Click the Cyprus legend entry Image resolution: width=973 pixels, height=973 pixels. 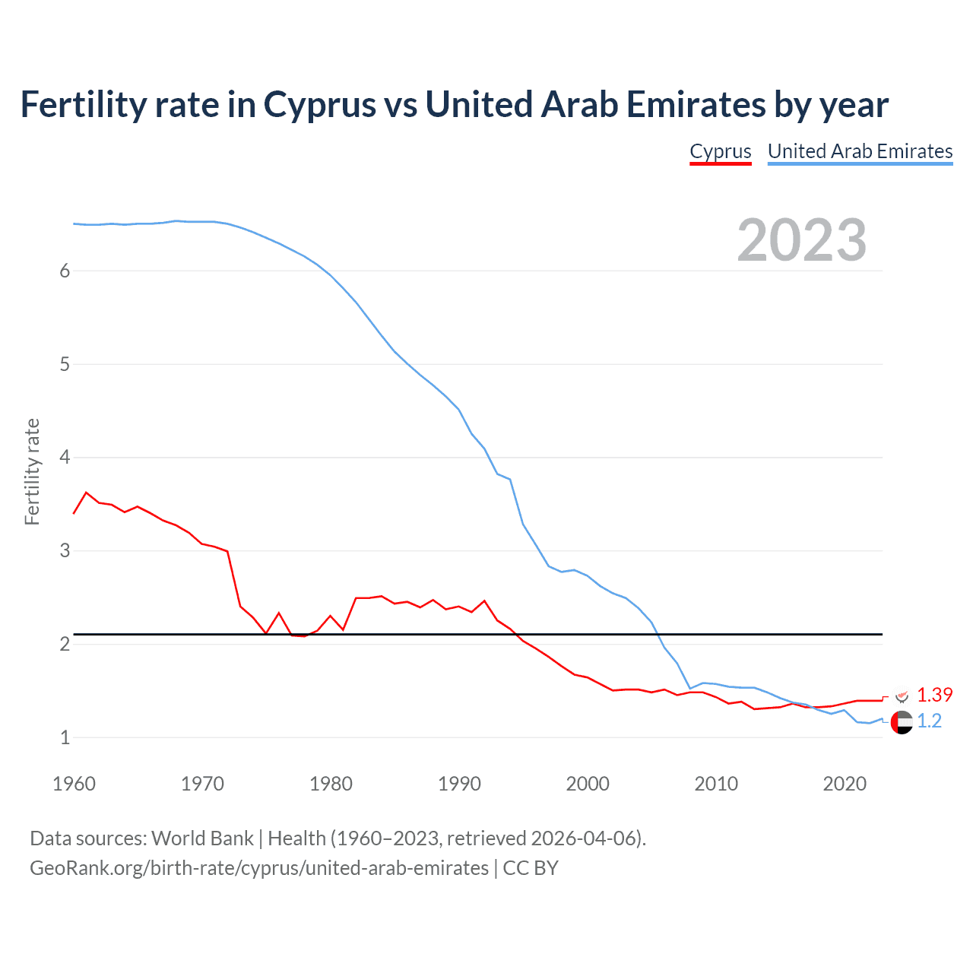tap(720, 151)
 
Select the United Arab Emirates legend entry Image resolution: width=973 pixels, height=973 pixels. tap(860, 151)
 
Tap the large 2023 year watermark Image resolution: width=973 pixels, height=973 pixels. tap(801, 240)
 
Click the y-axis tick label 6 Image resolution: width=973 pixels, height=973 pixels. tap(65, 271)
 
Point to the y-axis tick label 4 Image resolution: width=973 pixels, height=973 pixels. tap(65, 458)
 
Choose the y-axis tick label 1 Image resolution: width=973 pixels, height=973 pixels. tap(65, 737)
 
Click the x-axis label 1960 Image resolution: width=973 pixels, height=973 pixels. tap(74, 784)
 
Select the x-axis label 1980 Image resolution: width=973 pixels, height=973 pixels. tap(331, 784)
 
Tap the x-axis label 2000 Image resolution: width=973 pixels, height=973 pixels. tap(588, 784)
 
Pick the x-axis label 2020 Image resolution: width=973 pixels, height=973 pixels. tap(845, 784)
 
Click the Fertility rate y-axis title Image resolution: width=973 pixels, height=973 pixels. tap(32, 471)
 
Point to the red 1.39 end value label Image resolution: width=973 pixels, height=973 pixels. tap(934, 695)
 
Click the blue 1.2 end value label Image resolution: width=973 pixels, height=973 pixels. tap(929, 721)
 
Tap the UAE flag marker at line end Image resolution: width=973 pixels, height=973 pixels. tap(902, 722)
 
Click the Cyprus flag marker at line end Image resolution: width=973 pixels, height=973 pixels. tap(902, 696)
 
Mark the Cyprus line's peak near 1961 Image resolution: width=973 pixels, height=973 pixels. tap(86, 493)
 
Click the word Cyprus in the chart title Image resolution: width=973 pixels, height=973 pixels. tap(319, 105)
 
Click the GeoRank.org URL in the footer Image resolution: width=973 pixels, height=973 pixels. tap(259, 868)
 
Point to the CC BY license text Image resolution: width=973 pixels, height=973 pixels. tap(531, 868)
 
